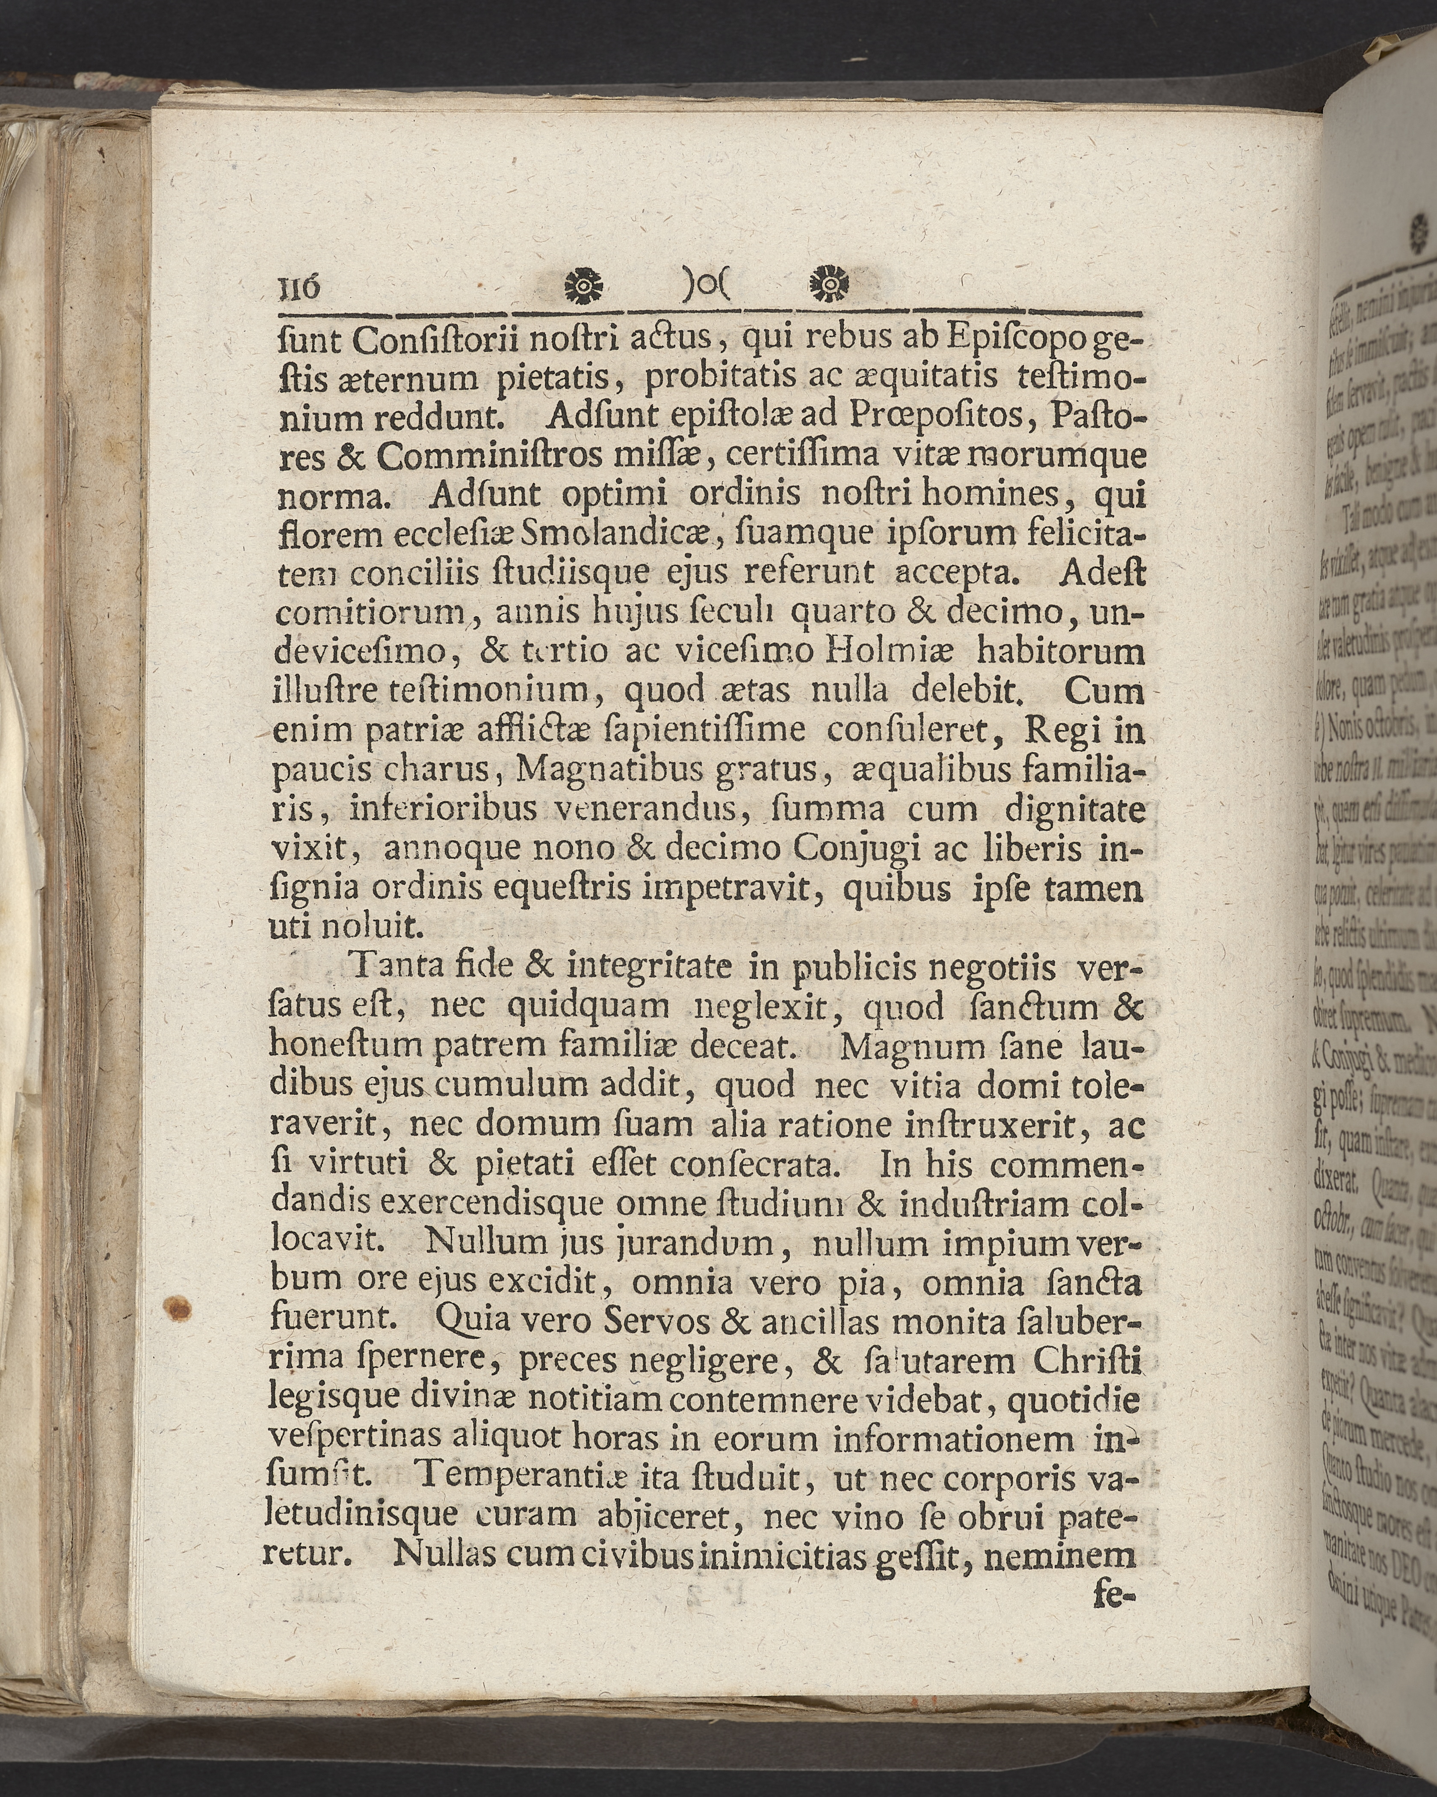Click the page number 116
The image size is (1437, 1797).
click(x=297, y=288)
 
